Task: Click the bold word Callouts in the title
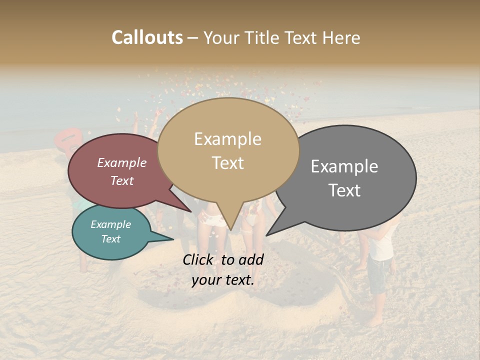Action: click(147, 37)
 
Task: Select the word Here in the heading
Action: click(342, 38)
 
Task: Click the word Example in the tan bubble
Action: click(227, 139)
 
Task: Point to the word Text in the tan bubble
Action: click(227, 163)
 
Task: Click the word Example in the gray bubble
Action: click(344, 166)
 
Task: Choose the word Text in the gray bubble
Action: click(344, 190)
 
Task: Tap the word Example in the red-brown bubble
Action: click(121, 163)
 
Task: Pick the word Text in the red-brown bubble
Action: click(122, 180)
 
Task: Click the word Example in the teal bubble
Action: click(110, 224)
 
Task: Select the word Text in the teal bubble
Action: click(110, 239)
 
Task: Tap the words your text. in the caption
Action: click(222, 280)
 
